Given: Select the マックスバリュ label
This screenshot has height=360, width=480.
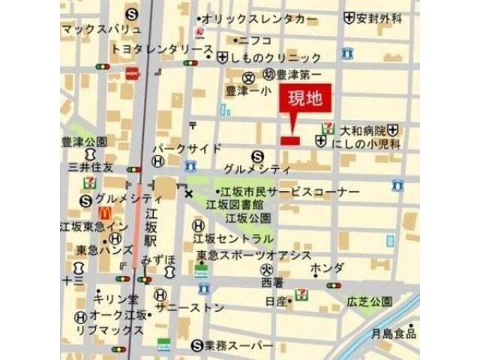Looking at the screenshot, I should click(x=102, y=30).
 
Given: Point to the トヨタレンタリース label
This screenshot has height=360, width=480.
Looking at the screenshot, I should click(x=162, y=49).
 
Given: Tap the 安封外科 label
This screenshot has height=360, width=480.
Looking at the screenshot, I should click(x=380, y=17).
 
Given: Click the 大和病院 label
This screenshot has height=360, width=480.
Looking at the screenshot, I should click(x=363, y=129).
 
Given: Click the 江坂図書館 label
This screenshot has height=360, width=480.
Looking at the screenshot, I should click(x=235, y=205).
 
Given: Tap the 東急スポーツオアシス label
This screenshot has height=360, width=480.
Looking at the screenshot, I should click(x=253, y=256).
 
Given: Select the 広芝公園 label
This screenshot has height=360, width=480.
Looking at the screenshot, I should click(x=369, y=301).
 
